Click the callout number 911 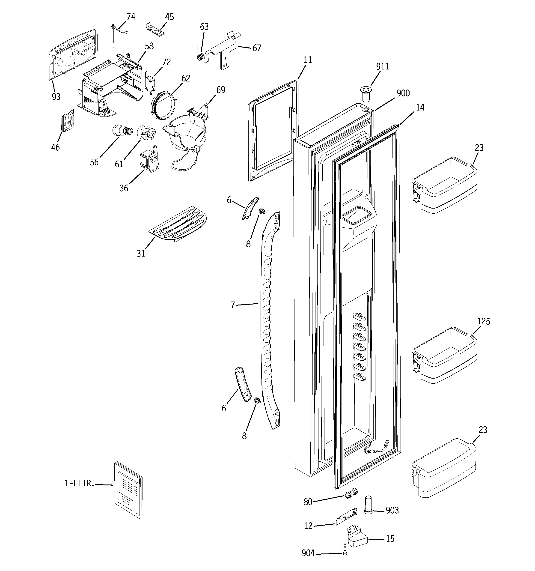(383, 67)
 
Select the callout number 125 (484, 321)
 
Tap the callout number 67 (257, 48)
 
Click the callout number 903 (392, 510)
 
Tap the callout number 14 (420, 108)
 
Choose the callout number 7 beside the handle (233, 305)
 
